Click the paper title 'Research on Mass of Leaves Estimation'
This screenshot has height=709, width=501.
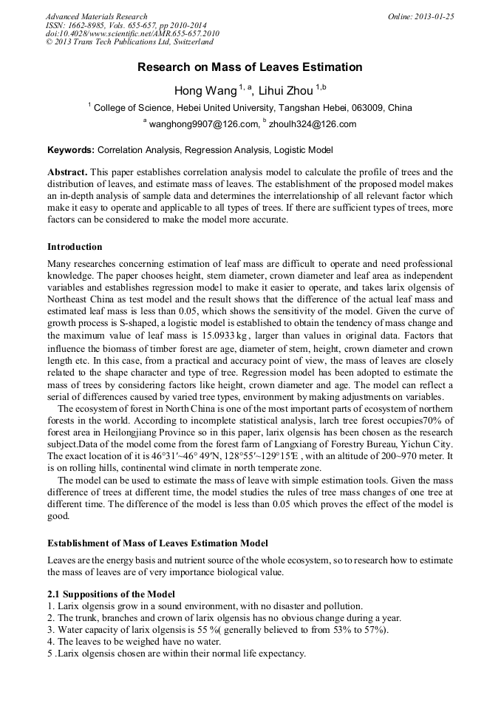pyautogui.click(x=250, y=67)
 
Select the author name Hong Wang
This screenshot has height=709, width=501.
pyautogui.click(x=205, y=91)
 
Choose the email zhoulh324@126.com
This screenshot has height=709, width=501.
pyautogui.click(x=313, y=124)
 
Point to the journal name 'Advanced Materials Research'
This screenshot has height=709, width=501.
pyautogui.click(x=96, y=16)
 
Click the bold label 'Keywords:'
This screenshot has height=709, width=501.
pyautogui.click(x=71, y=149)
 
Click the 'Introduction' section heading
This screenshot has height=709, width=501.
pyautogui.click(x=75, y=246)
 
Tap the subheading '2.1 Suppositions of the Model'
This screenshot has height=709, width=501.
pyautogui.click(x=112, y=594)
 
